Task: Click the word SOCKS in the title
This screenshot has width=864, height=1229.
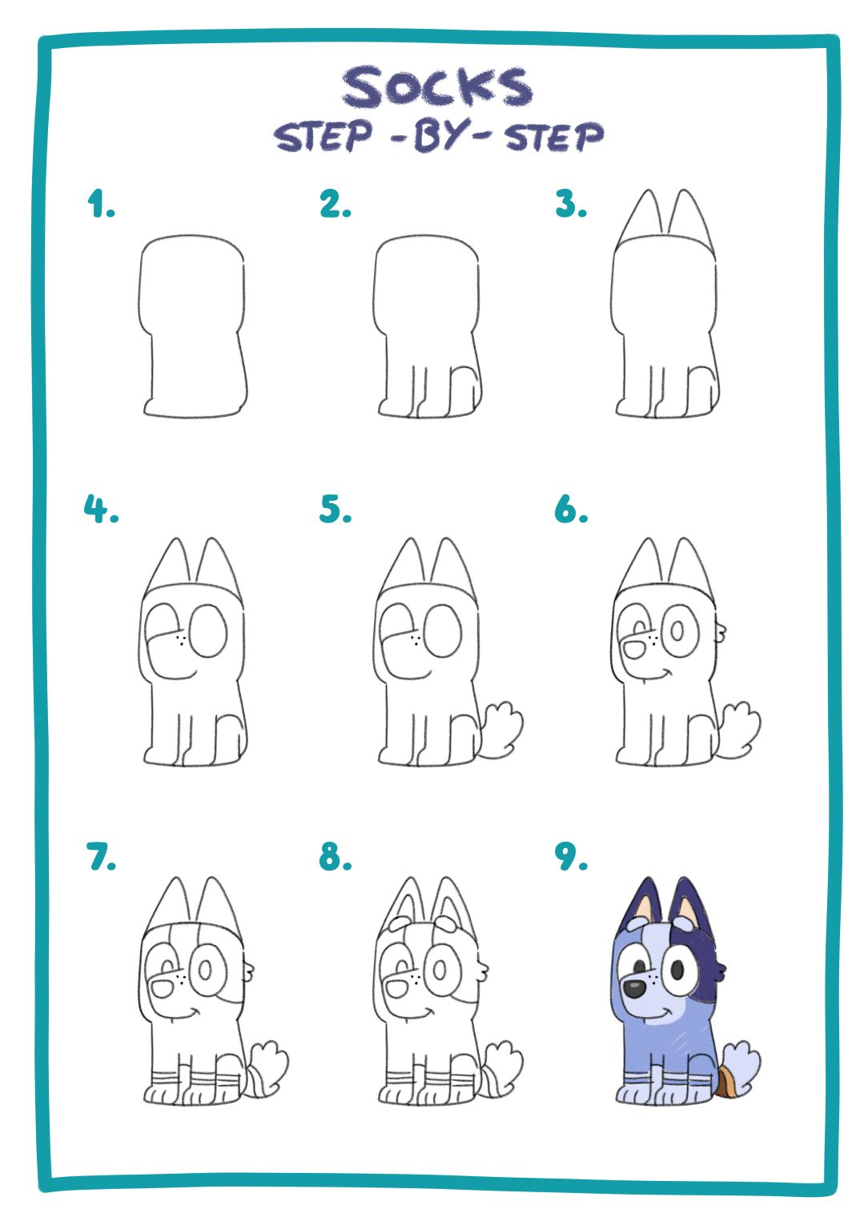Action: coord(437,88)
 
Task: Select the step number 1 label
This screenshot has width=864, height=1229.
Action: coord(100,205)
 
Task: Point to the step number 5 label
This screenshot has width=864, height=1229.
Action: coord(335,509)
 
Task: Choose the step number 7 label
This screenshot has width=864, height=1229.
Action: coord(101,857)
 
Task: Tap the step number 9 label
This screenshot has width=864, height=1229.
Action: coord(570,857)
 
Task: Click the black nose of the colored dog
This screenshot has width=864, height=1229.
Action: coord(634,988)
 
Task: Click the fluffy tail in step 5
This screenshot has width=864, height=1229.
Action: coord(502,728)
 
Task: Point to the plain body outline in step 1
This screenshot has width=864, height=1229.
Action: coord(193,328)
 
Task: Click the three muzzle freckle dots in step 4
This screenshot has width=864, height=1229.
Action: coord(183,639)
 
